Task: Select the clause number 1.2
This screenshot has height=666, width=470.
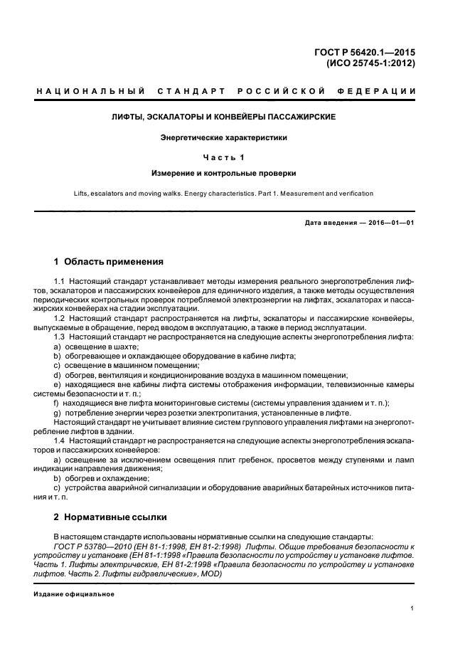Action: (x=60, y=318)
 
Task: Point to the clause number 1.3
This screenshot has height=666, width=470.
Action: (x=60, y=335)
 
